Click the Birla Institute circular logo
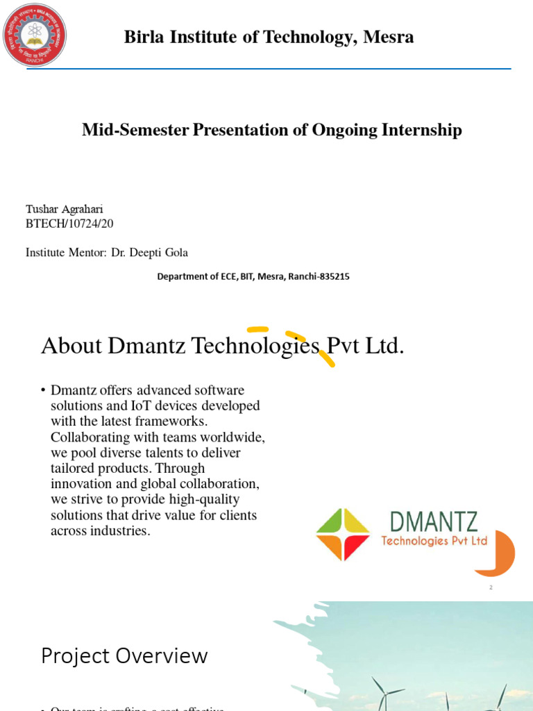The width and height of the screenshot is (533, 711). (x=35, y=35)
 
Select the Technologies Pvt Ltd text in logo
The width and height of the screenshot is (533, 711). (x=434, y=541)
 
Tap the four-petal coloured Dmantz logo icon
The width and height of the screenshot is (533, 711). (x=343, y=534)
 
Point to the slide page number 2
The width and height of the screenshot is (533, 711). (x=491, y=588)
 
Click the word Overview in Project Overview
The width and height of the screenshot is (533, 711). (x=167, y=656)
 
